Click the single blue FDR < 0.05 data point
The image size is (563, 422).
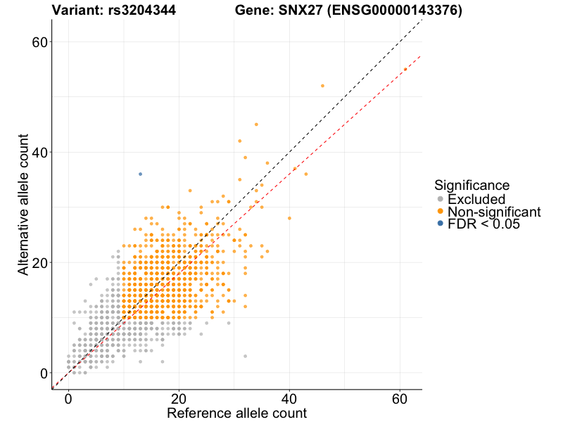pyautogui.click(x=140, y=174)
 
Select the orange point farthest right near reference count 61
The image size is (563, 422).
pyautogui.click(x=405, y=69)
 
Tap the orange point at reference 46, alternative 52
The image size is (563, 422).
pyautogui.click(x=322, y=86)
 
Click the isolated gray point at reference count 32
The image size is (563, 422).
pyautogui.click(x=245, y=356)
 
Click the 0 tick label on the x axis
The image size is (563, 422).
pyautogui.click(x=68, y=398)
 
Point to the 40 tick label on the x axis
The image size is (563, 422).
pyautogui.click(x=289, y=398)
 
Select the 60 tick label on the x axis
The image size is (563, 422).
pyautogui.click(x=400, y=398)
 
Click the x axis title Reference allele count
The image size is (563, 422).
pyautogui.click(x=236, y=413)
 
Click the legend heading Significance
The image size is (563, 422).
pyautogui.click(x=472, y=185)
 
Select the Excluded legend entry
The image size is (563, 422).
pyautogui.click(x=476, y=199)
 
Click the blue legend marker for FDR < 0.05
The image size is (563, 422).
pyautogui.click(x=441, y=224)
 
